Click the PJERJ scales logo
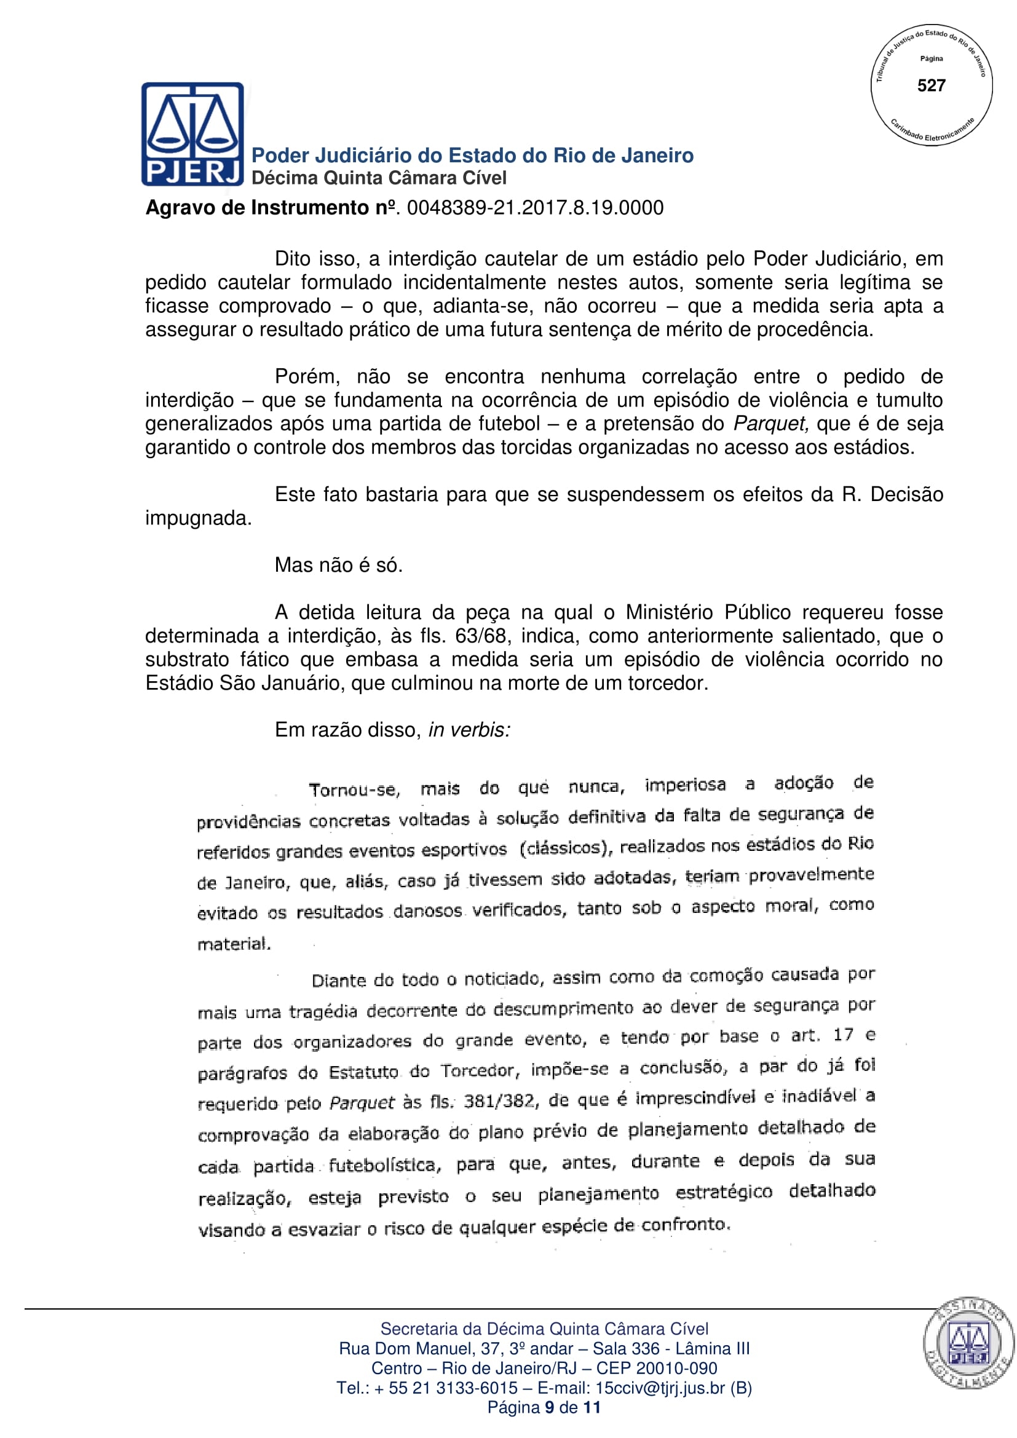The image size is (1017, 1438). pos(192,133)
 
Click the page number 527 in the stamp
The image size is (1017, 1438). pos(931,85)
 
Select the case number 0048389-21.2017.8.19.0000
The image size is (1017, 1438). pos(535,208)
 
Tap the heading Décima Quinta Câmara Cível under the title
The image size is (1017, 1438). pos(379,178)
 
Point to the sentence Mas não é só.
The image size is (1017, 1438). pos(338,565)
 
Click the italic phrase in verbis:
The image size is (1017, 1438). pos(469,730)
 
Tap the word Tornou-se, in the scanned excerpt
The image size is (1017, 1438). pos(354,789)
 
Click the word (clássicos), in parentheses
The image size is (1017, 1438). pos(566,848)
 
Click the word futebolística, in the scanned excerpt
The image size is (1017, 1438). pos(385,1165)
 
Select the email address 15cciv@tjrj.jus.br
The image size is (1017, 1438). pos(659,1388)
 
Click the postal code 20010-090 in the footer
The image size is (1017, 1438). pos(681,1368)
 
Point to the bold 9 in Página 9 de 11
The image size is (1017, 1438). pos(549,1407)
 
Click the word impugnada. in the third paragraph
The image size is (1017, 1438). pos(198,519)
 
